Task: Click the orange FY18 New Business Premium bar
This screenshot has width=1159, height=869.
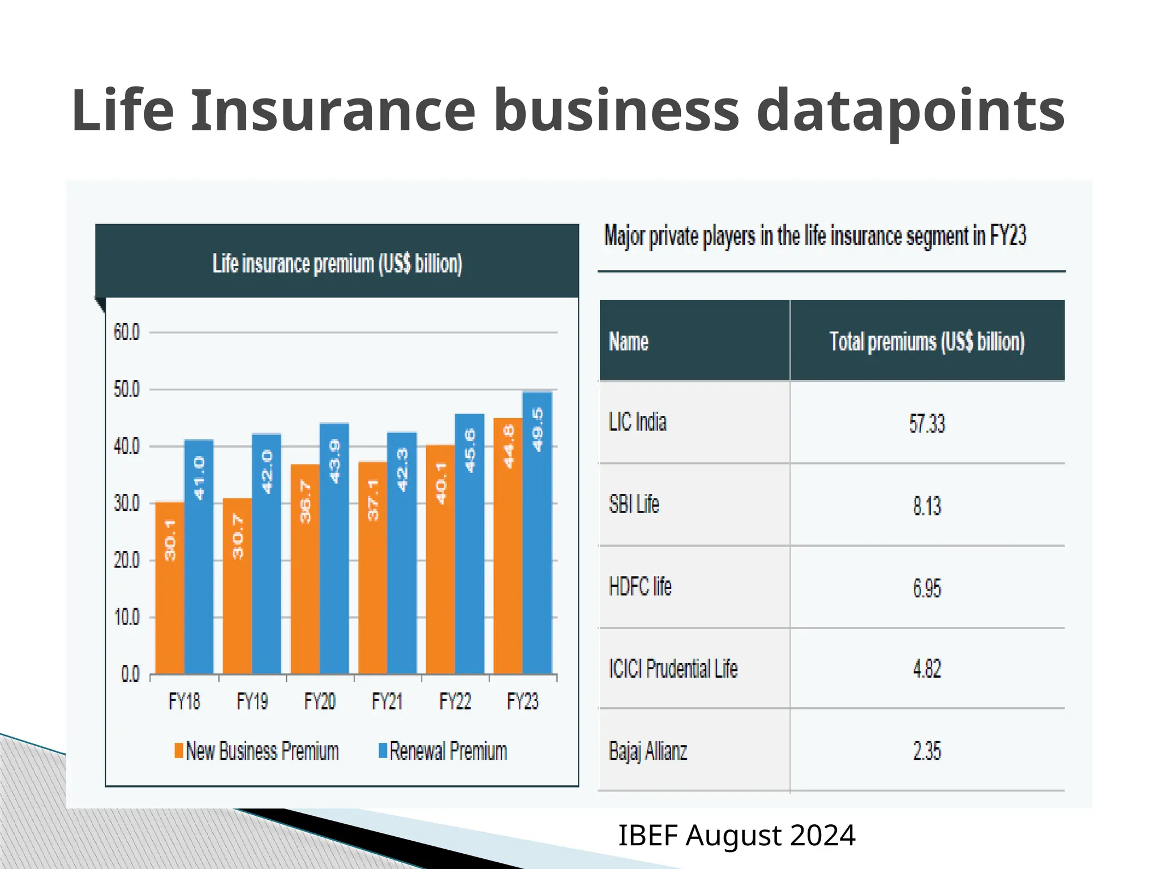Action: point(170,588)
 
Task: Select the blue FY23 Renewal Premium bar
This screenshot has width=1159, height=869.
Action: point(537,532)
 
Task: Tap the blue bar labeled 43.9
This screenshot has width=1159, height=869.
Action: point(334,549)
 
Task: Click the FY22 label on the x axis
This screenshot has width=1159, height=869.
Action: point(455,702)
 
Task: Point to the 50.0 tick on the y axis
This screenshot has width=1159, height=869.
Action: point(126,389)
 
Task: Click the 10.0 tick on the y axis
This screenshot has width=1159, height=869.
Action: point(126,617)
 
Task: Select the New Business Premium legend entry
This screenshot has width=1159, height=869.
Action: point(257,751)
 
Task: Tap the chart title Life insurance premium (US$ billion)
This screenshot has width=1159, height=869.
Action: point(337,264)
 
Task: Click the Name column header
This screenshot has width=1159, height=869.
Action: point(628,342)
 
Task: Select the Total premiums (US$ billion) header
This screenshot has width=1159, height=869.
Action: point(927,342)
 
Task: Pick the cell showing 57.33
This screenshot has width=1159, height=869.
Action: point(927,423)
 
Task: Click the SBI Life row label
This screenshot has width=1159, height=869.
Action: point(634,504)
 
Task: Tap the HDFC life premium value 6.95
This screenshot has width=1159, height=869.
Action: point(927,588)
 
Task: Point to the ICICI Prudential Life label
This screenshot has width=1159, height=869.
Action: point(673,669)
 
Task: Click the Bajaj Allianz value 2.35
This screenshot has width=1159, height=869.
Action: point(927,751)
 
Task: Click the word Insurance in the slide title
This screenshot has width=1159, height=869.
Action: point(333,110)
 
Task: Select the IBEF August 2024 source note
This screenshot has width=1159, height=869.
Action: point(736,836)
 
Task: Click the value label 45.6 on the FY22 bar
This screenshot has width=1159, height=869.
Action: point(470,451)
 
